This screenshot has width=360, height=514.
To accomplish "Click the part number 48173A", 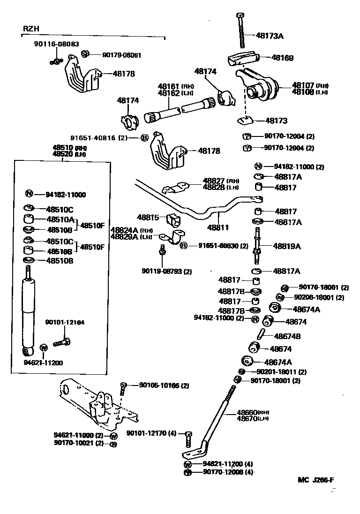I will pyautogui.click(x=270, y=35).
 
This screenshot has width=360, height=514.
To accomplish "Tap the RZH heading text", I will pyautogui.click(x=31, y=29).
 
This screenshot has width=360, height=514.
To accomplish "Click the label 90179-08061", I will pyautogui.click(x=121, y=55).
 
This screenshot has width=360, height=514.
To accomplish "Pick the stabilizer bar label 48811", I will pyautogui.click(x=218, y=227).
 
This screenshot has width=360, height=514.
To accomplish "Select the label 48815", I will pyautogui.click(x=149, y=218).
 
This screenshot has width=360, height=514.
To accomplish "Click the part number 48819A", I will pyautogui.click(x=287, y=246).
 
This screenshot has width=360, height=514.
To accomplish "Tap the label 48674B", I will pyautogui.click(x=287, y=336).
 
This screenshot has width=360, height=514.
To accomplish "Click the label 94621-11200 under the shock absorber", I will pyautogui.click(x=43, y=363).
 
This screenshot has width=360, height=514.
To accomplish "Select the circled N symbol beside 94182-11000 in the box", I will pyautogui.click(x=29, y=194).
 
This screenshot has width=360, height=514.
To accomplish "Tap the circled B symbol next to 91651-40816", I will pyautogui.click(x=144, y=138).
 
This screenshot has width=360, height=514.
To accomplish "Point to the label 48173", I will pyautogui.click(x=276, y=121).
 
